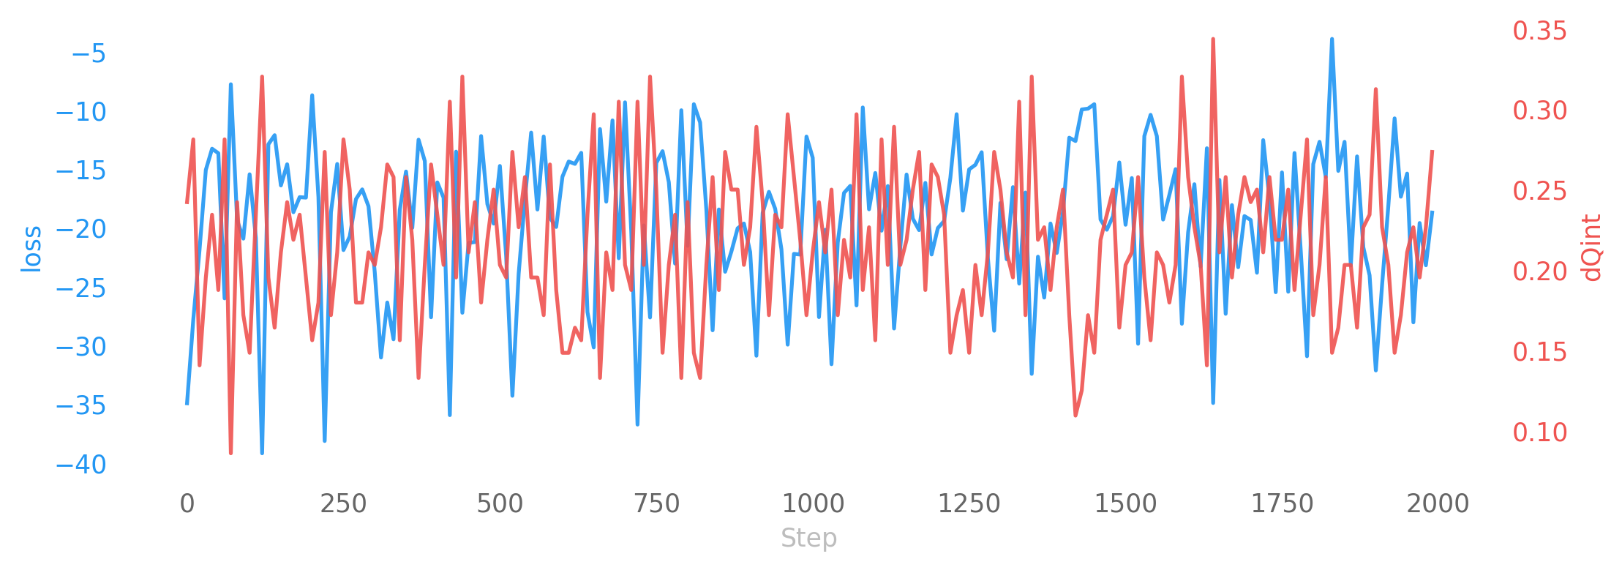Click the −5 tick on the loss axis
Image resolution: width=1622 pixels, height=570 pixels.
tap(89, 53)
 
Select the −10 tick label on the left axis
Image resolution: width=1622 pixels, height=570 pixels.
tap(81, 112)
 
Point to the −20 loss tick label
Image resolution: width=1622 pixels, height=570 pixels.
tap(81, 229)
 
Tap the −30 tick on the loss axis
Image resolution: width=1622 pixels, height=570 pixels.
tap(81, 347)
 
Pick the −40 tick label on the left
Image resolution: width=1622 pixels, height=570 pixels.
tap(81, 464)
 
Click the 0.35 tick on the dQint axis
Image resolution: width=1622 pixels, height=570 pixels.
tap(1540, 31)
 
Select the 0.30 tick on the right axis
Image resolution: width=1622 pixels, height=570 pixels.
tap(1540, 110)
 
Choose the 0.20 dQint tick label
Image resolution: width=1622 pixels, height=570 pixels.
tap(1540, 271)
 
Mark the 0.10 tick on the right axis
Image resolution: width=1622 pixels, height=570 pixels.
tap(1540, 432)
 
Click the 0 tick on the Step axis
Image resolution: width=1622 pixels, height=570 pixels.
tap(187, 503)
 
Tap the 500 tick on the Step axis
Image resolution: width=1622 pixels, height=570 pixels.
tap(500, 503)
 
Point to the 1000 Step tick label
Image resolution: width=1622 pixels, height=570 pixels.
tap(813, 503)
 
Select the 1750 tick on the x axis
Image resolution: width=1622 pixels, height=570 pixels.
tap(1282, 503)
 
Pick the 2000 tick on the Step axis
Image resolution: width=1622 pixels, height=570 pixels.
tap(1438, 503)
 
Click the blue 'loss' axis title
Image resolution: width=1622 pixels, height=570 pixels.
tap(31, 249)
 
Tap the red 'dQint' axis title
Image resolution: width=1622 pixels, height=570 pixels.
tap(1591, 249)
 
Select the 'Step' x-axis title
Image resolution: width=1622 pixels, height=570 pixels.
tap(808, 538)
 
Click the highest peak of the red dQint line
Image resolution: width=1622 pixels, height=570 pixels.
tap(1213, 39)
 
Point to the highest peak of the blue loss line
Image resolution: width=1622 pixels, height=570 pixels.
tap(1332, 39)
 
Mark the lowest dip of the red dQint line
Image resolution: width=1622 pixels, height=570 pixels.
tap(230, 453)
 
